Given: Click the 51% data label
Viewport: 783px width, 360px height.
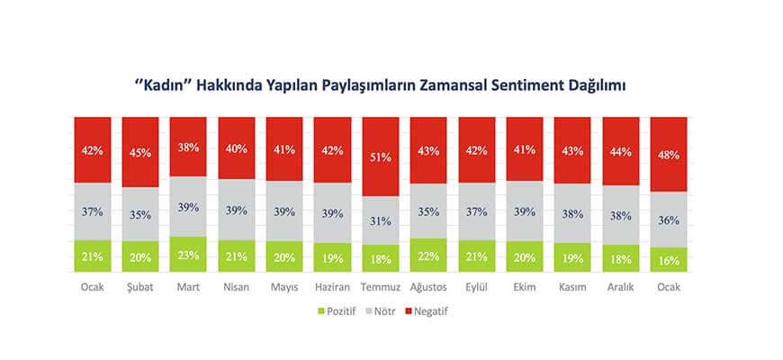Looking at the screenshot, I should (380, 157).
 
